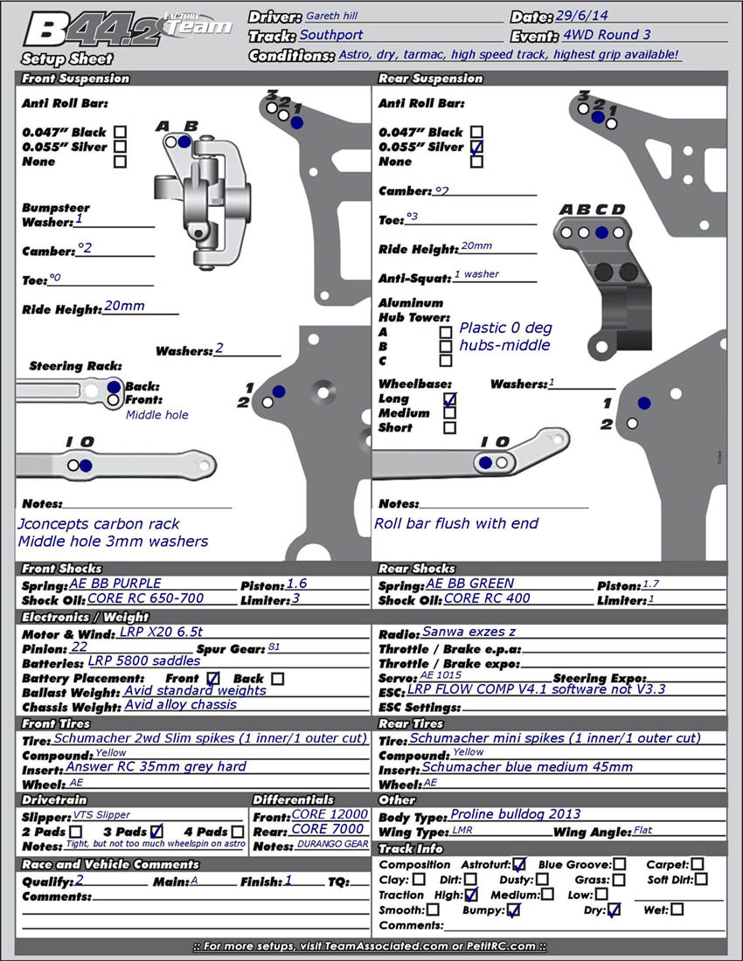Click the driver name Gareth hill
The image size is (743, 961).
tap(331, 16)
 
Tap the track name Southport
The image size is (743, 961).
tap(331, 36)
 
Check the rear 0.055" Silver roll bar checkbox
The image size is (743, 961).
tap(476, 147)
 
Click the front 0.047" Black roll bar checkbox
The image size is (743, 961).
tap(120, 133)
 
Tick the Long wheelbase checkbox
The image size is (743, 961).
tap(449, 399)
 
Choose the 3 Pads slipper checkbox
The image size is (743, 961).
tap(156, 831)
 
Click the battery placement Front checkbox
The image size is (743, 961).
tap(213, 678)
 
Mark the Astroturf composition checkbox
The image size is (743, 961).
tap(519, 865)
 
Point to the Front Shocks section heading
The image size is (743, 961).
tap(62, 569)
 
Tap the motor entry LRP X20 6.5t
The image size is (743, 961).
tap(161, 633)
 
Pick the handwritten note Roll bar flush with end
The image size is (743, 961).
tap(456, 523)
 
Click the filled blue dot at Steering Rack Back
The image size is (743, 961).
tap(114, 387)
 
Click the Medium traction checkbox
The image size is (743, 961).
tap(547, 894)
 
